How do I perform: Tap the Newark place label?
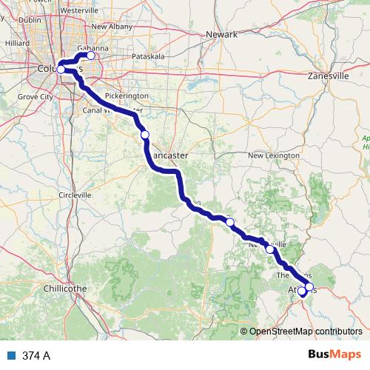pyautogui.click(x=221, y=35)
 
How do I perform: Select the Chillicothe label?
pyautogui.click(x=67, y=287)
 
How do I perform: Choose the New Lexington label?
pyautogui.click(x=274, y=155)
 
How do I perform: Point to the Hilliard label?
pyautogui.click(x=16, y=44)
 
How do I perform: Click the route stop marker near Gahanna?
pyautogui.click(x=91, y=55)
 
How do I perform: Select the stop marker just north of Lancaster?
pyautogui.click(x=145, y=134)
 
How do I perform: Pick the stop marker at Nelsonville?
pyautogui.click(x=269, y=249)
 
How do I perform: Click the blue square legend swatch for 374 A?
pyautogui.click(x=11, y=356)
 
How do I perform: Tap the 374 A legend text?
pyautogui.click(x=36, y=356)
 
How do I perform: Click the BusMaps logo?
pyautogui.click(x=330, y=355)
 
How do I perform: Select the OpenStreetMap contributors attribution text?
pyautogui.click(x=306, y=332)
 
